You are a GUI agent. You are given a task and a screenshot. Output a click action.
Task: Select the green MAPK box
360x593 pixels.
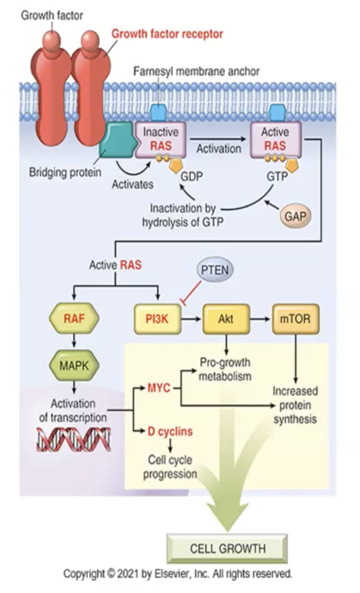pos(74,366)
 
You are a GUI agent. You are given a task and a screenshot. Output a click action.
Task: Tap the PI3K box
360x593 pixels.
pos(157,318)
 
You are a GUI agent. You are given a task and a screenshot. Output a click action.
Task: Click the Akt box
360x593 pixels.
pos(226,318)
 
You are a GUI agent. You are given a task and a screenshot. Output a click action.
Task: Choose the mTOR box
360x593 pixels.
pos(296,318)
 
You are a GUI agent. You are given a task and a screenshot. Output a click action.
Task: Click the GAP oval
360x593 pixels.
pos(295,217)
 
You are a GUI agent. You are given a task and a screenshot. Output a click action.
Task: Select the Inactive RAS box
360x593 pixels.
pos(160,139)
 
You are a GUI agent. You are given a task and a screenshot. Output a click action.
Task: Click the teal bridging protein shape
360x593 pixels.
pos(116,140)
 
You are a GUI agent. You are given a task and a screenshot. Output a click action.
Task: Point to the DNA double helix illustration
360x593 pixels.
pos(73,439)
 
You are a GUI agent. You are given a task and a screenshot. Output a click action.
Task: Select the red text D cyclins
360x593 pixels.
pos(170,431)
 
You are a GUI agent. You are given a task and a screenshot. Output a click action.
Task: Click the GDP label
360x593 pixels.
pos(191,176)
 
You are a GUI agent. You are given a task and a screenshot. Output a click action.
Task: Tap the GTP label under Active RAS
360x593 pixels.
pos(277,176)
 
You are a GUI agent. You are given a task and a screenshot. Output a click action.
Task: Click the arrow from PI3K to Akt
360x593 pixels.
pos(192,318)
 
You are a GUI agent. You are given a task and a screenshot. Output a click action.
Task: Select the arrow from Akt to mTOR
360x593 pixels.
pos(261,318)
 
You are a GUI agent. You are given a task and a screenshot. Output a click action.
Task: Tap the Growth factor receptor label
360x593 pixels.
pos(167,34)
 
